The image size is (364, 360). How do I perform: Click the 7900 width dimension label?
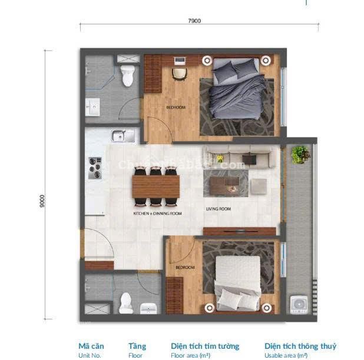(x=194, y=21)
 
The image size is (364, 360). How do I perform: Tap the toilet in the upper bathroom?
(x=127, y=75)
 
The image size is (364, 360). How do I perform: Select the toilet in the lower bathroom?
(x=125, y=303)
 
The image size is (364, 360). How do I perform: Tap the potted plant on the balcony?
(x=300, y=155)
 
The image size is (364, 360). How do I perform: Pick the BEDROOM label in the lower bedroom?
(x=185, y=267)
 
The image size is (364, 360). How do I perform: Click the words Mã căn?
(x=91, y=346)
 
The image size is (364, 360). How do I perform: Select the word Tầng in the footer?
(x=137, y=346)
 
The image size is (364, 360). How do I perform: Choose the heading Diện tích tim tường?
(x=205, y=346)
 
